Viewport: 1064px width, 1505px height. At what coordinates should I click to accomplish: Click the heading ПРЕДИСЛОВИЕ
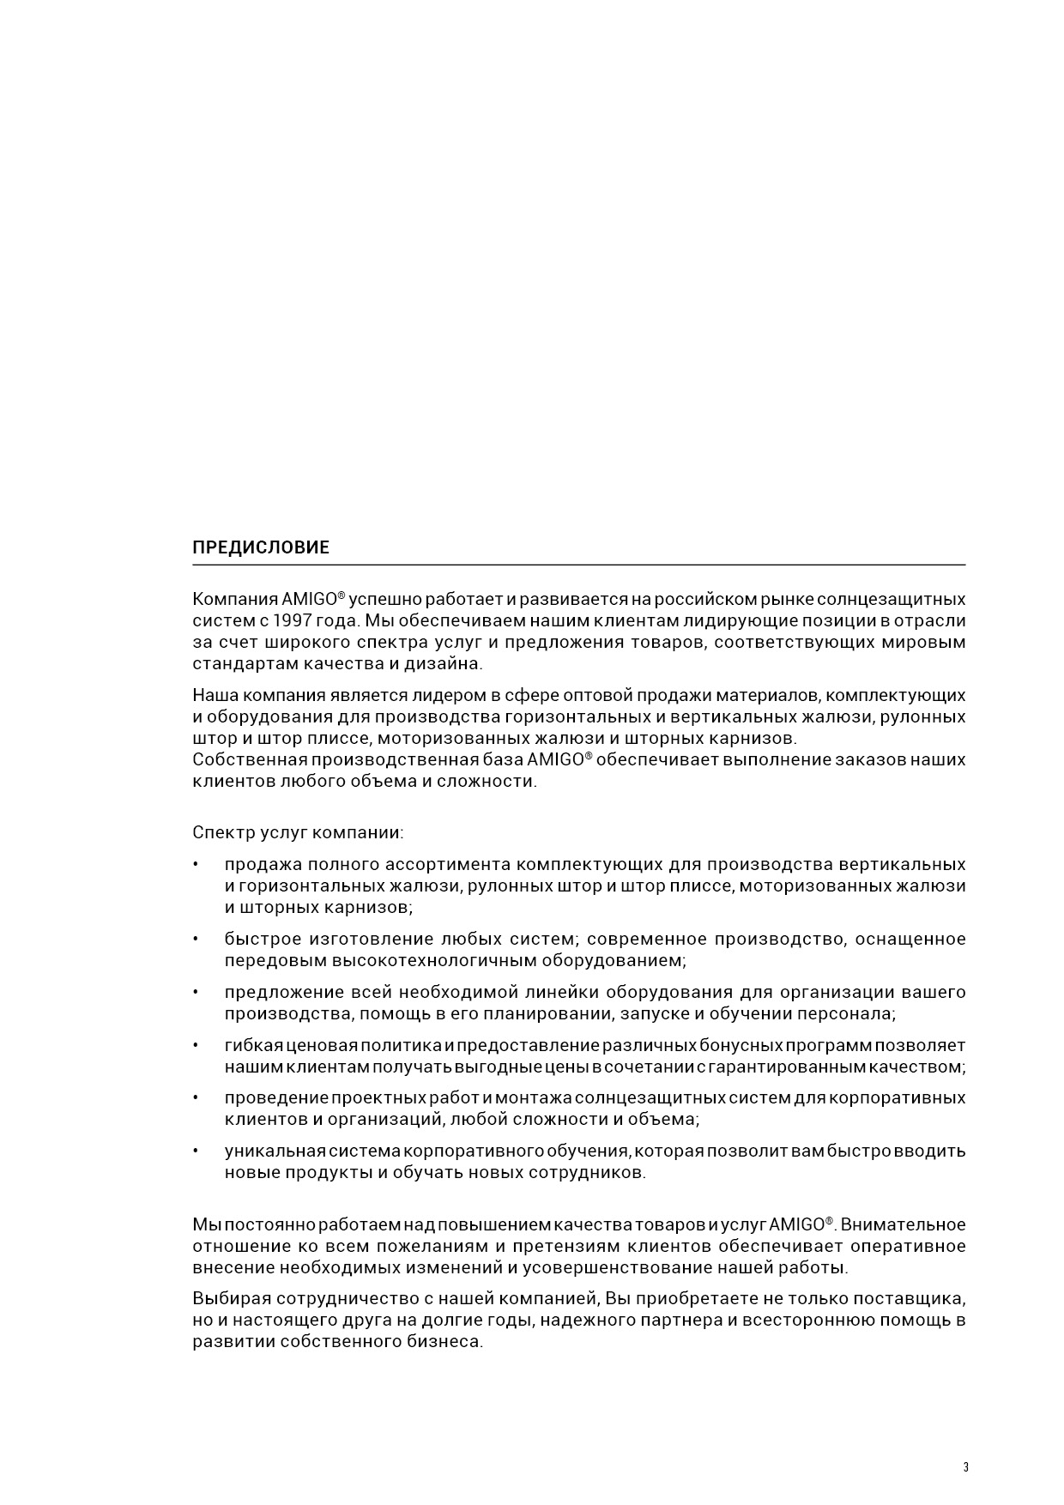pos(260,547)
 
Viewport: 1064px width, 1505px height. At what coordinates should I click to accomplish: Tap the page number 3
pos(965,1467)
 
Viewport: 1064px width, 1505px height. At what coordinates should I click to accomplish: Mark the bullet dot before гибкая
pos(196,1046)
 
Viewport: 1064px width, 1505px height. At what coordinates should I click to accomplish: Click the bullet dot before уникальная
pos(196,1151)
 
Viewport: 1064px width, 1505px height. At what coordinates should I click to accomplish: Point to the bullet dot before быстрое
pos(196,940)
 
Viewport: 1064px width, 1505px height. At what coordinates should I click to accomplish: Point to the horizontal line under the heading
pos(579,565)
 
